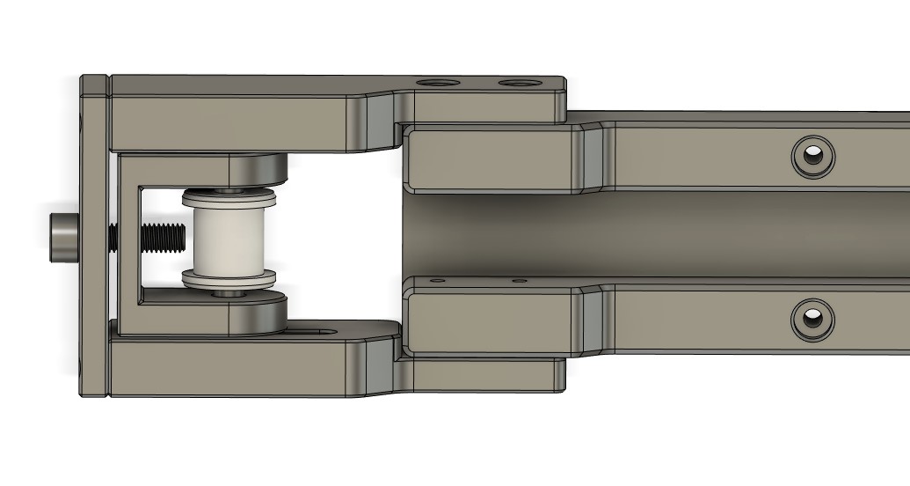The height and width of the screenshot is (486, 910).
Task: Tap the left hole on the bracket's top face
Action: coord(437,83)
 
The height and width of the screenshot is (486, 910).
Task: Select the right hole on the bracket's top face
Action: coord(520,83)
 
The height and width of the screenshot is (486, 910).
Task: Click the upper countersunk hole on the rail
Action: coord(813,158)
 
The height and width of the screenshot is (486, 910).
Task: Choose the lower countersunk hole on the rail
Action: coord(813,318)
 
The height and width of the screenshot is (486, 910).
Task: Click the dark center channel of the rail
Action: coord(659,233)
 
